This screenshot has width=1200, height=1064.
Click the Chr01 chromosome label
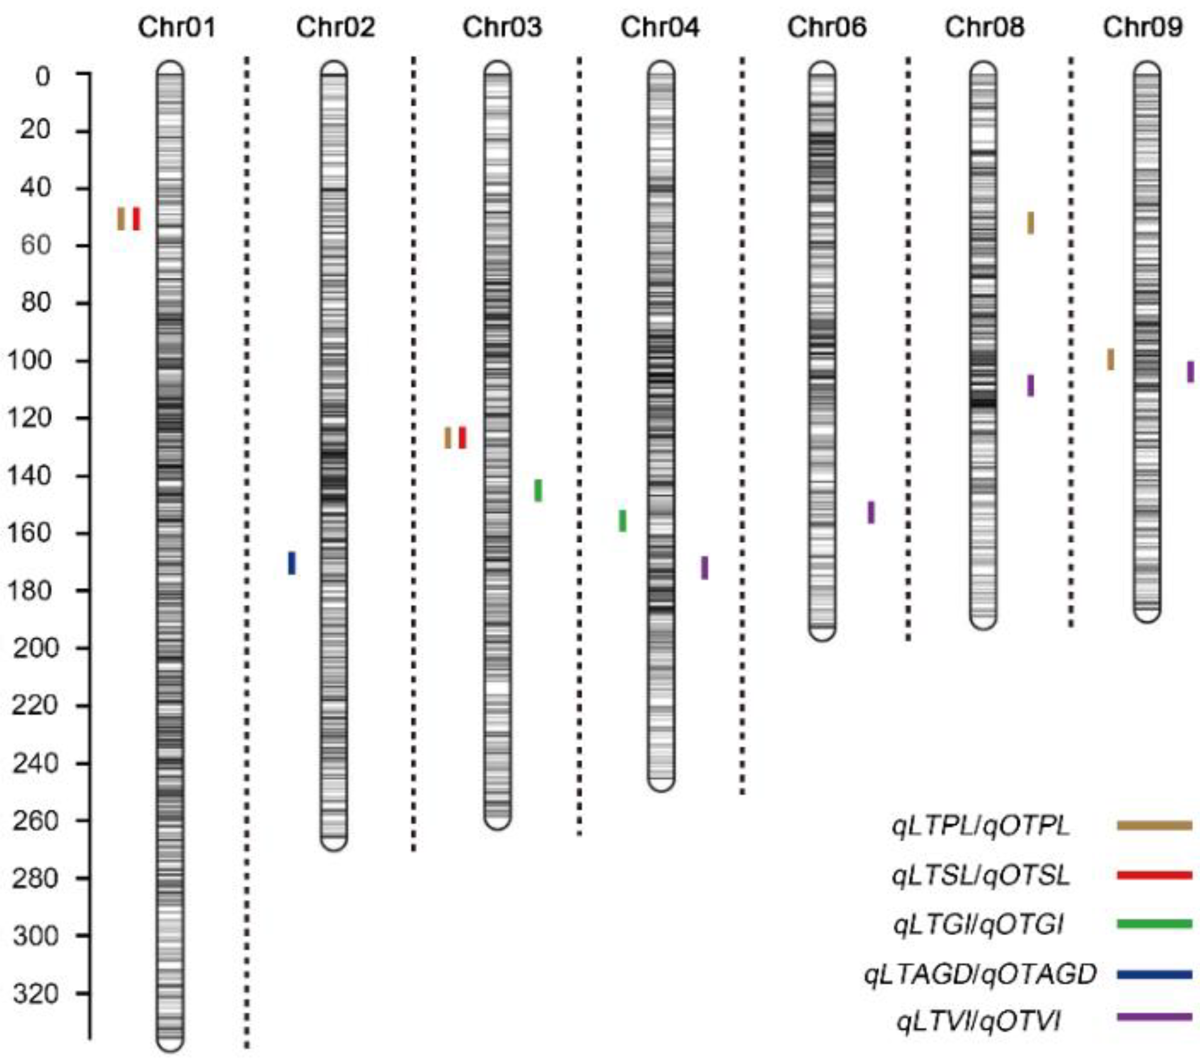[x=177, y=28]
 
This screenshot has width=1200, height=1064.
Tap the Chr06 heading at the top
[x=826, y=28]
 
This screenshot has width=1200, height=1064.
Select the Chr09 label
[x=1142, y=28]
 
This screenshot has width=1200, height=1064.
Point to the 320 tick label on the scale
[x=36, y=993]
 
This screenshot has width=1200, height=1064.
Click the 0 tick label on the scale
[x=43, y=77]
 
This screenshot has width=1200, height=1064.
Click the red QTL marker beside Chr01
[x=136, y=219]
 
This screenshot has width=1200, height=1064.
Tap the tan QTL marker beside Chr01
[x=121, y=219]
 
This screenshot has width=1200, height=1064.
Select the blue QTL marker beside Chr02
[x=292, y=563]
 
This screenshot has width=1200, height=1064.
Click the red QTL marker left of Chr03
[x=463, y=437]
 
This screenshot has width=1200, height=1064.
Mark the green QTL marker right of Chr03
[x=538, y=490]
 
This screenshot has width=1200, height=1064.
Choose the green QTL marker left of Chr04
[x=623, y=521]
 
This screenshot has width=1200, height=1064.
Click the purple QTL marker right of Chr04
[x=705, y=568]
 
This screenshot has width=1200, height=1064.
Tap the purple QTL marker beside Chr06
[x=871, y=513]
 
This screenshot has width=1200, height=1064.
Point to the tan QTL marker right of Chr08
[x=1030, y=223]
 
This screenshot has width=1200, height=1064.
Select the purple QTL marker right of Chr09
[x=1191, y=372]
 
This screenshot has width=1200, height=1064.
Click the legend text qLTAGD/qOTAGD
[x=980, y=974]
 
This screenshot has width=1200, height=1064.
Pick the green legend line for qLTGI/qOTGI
[x=1154, y=924]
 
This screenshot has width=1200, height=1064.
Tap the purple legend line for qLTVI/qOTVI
[x=1154, y=1017]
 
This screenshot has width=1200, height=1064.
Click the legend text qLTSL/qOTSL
[x=980, y=876]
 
